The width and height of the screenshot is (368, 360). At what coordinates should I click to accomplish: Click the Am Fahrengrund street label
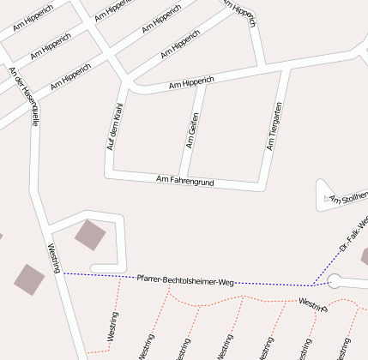click(184, 181)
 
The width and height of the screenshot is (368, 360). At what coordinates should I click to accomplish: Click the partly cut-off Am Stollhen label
click(348, 198)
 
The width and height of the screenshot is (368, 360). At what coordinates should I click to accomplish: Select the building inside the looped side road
click(90, 235)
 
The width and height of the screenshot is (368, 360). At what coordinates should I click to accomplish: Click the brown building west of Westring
click(29, 279)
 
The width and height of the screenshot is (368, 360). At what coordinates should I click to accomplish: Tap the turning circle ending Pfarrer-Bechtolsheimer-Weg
click(335, 280)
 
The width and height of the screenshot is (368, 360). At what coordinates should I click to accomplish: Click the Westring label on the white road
click(54, 258)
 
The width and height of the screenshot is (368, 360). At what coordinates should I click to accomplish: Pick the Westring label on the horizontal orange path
click(312, 304)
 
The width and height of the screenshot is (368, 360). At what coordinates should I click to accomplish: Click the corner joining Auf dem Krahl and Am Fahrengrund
click(109, 174)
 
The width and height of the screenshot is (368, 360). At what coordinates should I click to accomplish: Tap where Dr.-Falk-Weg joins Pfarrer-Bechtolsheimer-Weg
click(313, 285)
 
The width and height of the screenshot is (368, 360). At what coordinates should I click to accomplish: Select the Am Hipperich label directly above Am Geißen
click(191, 83)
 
